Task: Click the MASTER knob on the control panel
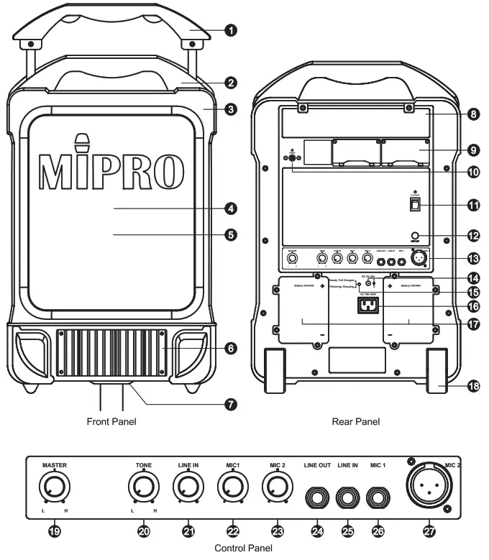click(x=53, y=490)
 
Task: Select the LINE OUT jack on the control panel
click(x=317, y=494)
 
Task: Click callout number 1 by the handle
click(x=230, y=31)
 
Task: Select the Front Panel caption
click(x=111, y=422)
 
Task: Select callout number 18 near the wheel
click(x=472, y=386)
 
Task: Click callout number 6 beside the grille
click(x=230, y=348)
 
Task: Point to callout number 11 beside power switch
click(x=472, y=205)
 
